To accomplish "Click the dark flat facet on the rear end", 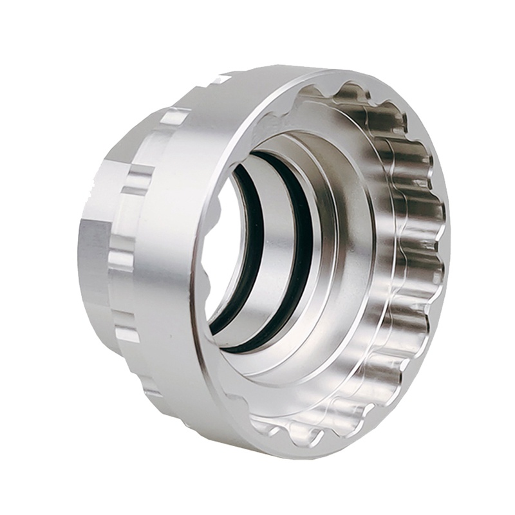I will pos(90,257).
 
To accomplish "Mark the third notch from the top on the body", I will pos(122,257).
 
